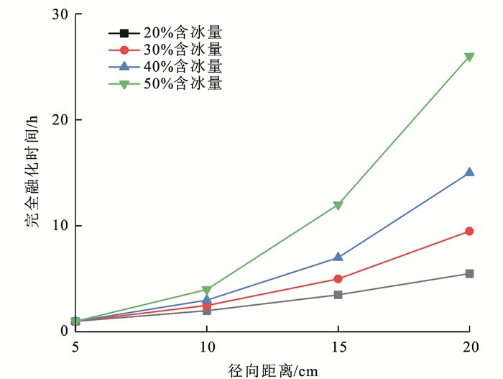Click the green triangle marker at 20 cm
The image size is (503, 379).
tap(469, 57)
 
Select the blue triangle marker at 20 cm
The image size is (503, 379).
tap(469, 173)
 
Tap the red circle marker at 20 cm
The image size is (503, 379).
tap(469, 231)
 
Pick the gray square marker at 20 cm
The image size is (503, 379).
tap(469, 273)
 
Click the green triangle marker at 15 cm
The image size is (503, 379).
tap(338, 206)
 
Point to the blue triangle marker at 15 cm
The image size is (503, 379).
tap(338, 257)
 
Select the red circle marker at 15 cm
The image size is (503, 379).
tap(338, 278)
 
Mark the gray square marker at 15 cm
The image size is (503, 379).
tap(338, 294)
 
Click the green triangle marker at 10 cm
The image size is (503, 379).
tap(207, 291)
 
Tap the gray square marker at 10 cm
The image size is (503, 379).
tap(207, 311)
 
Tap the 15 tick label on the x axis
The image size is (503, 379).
tap(338, 347)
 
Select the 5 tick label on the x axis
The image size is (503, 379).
tap(75, 347)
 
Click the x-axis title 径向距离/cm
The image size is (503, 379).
tap(272, 369)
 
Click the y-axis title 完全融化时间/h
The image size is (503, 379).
tap(33, 173)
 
